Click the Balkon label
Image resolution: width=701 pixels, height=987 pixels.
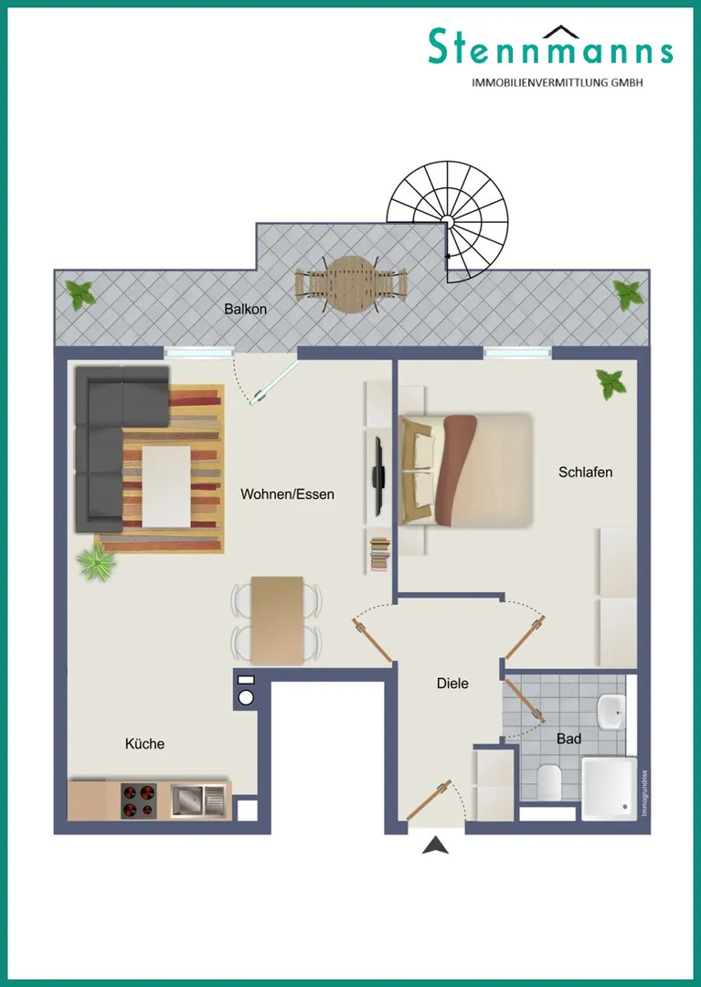tap(246, 309)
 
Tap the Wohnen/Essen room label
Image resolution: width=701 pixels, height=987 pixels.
tap(287, 494)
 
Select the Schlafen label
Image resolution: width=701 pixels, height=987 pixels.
tap(585, 472)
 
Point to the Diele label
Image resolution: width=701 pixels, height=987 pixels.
tap(452, 683)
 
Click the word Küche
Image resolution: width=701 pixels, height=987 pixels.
tap(144, 743)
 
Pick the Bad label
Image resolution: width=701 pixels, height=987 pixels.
tap(568, 738)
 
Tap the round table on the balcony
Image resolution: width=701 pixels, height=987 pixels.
tap(352, 284)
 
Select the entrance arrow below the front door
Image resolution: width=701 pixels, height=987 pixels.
tap(435, 845)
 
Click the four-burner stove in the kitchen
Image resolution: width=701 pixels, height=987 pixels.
tap(139, 801)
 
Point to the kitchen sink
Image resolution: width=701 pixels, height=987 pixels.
tap(197, 801)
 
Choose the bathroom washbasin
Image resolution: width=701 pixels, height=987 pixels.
tap(611, 712)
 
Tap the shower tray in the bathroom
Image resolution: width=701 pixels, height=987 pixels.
tap(609, 788)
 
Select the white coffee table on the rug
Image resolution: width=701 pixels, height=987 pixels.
tap(166, 486)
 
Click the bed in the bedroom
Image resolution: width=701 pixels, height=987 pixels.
tap(465, 470)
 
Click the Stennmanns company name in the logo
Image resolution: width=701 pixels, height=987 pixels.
tap(550, 48)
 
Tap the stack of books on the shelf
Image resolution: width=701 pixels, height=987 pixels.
tap(380, 554)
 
